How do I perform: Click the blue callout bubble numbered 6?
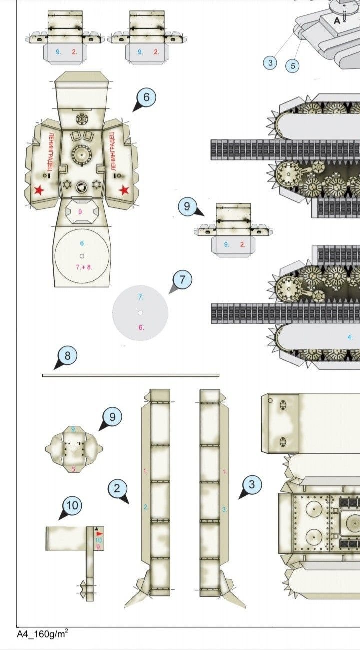click(146, 97)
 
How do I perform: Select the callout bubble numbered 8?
click(68, 356)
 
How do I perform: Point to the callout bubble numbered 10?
click(72, 505)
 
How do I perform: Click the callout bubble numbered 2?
click(117, 488)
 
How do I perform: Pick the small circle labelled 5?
click(293, 65)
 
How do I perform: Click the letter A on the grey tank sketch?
click(337, 20)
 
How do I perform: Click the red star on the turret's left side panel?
click(38, 190)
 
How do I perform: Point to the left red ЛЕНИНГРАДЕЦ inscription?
click(51, 152)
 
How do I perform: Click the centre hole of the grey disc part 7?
click(141, 313)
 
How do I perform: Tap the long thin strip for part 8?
click(130, 375)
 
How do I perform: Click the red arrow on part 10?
click(99, 534)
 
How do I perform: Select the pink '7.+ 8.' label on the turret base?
click(84, 267)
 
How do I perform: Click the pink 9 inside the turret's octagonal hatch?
click(81, 211)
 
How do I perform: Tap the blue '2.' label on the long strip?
click(146, 507)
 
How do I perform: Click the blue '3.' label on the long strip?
click(224, 509)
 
